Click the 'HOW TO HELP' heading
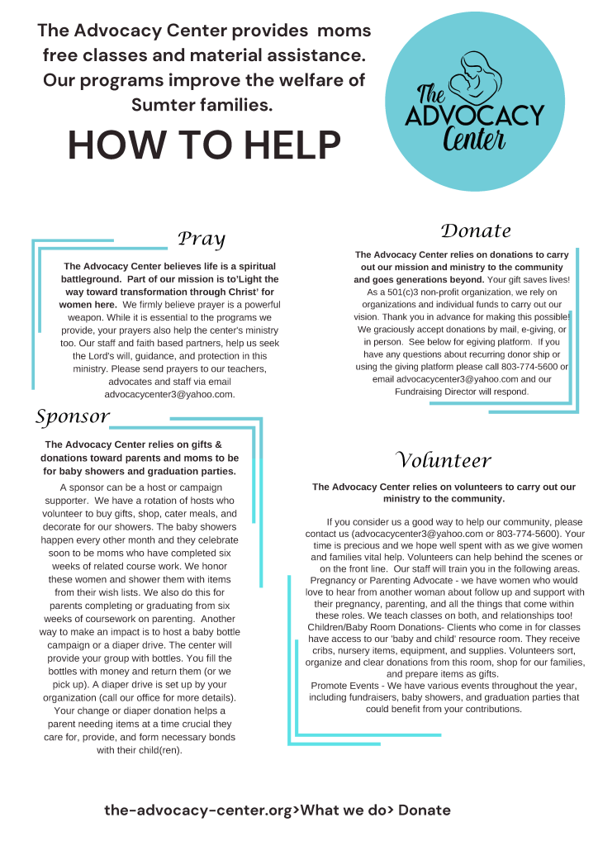pos(204,145)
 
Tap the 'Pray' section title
pos(202,240)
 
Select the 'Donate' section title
pos(476,231)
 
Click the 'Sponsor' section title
pos(72,416)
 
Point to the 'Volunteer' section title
pos(444,461)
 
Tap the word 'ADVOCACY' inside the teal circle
pos(475,113)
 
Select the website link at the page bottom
pos(278,810)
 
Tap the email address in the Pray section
pos(170,394)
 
